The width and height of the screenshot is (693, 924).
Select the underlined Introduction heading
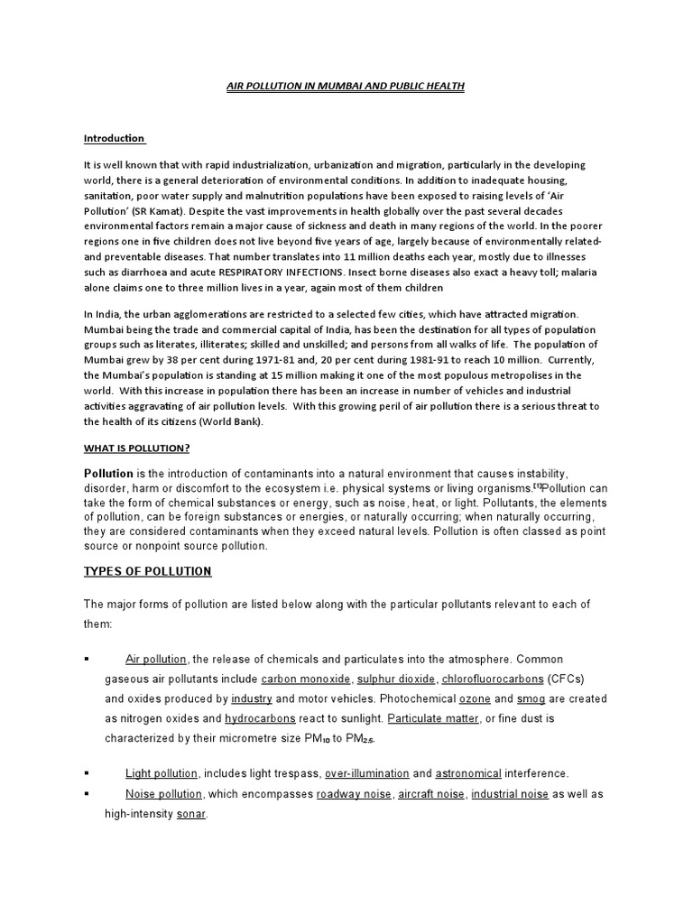[x=114, y=138]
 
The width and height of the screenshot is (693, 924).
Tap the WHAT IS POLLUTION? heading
[x=137, y=448]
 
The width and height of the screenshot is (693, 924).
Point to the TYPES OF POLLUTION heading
[x=148, y=571]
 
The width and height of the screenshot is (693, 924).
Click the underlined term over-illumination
[x=367, y=773]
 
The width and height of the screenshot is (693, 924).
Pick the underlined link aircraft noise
[x=429, y=794]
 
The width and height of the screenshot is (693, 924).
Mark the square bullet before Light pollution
[x=87, y=774]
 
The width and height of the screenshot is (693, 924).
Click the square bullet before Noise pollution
[x=87, y=794]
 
